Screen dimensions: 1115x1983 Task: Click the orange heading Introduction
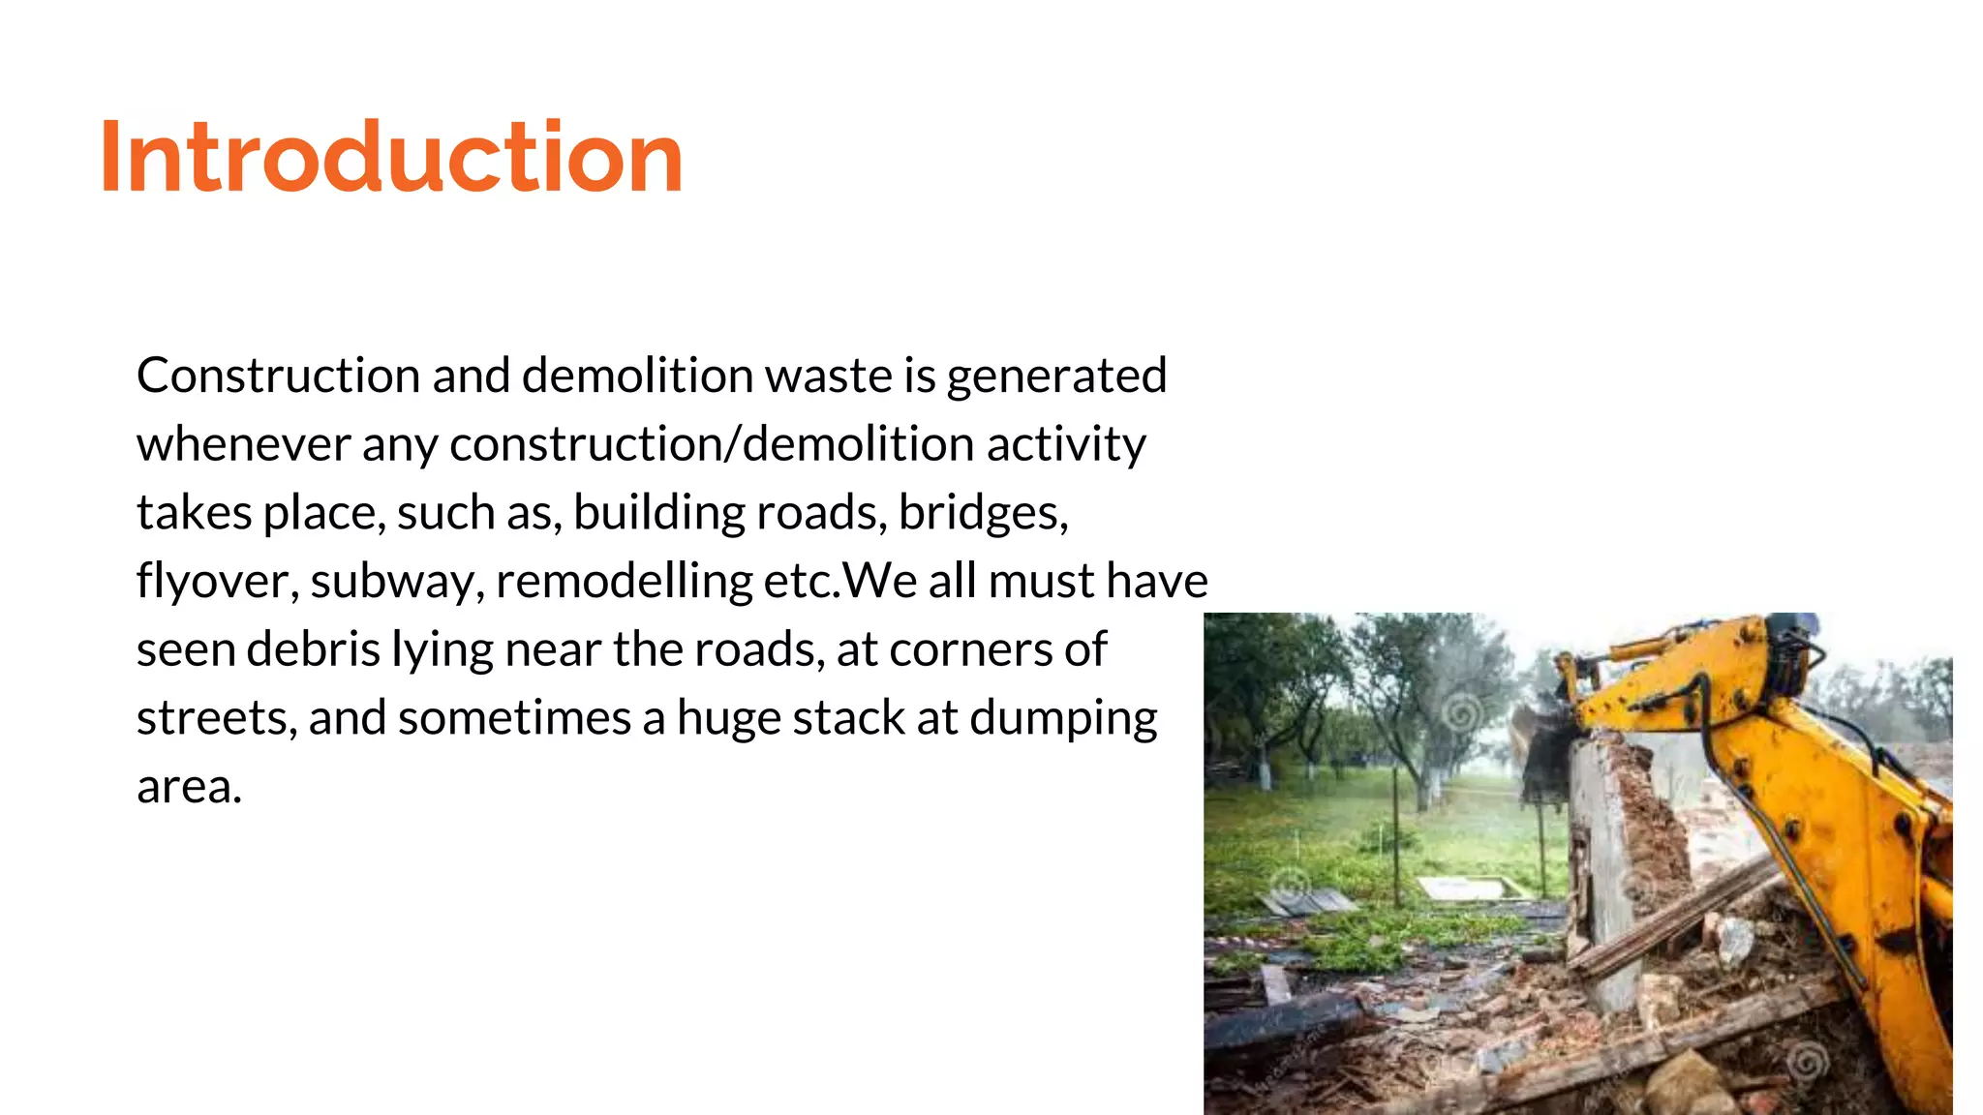pyautogui.click(x=391, y=157)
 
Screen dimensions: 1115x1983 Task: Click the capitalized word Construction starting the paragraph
pyautogui.click(x=278, y=376)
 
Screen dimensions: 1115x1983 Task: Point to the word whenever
pyautogui.click(x=243, y=444)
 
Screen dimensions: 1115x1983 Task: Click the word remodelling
pyautogui.click(x=624, y=582)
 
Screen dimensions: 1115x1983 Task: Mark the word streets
pyautogui.click(x=216, y=718)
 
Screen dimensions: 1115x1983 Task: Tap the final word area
pyautogui.click(x=188, y=787)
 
